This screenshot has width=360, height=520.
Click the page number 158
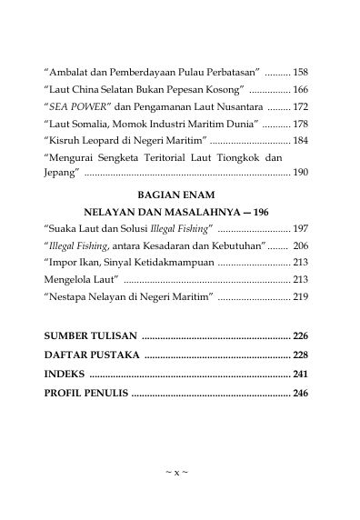(301, 70)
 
